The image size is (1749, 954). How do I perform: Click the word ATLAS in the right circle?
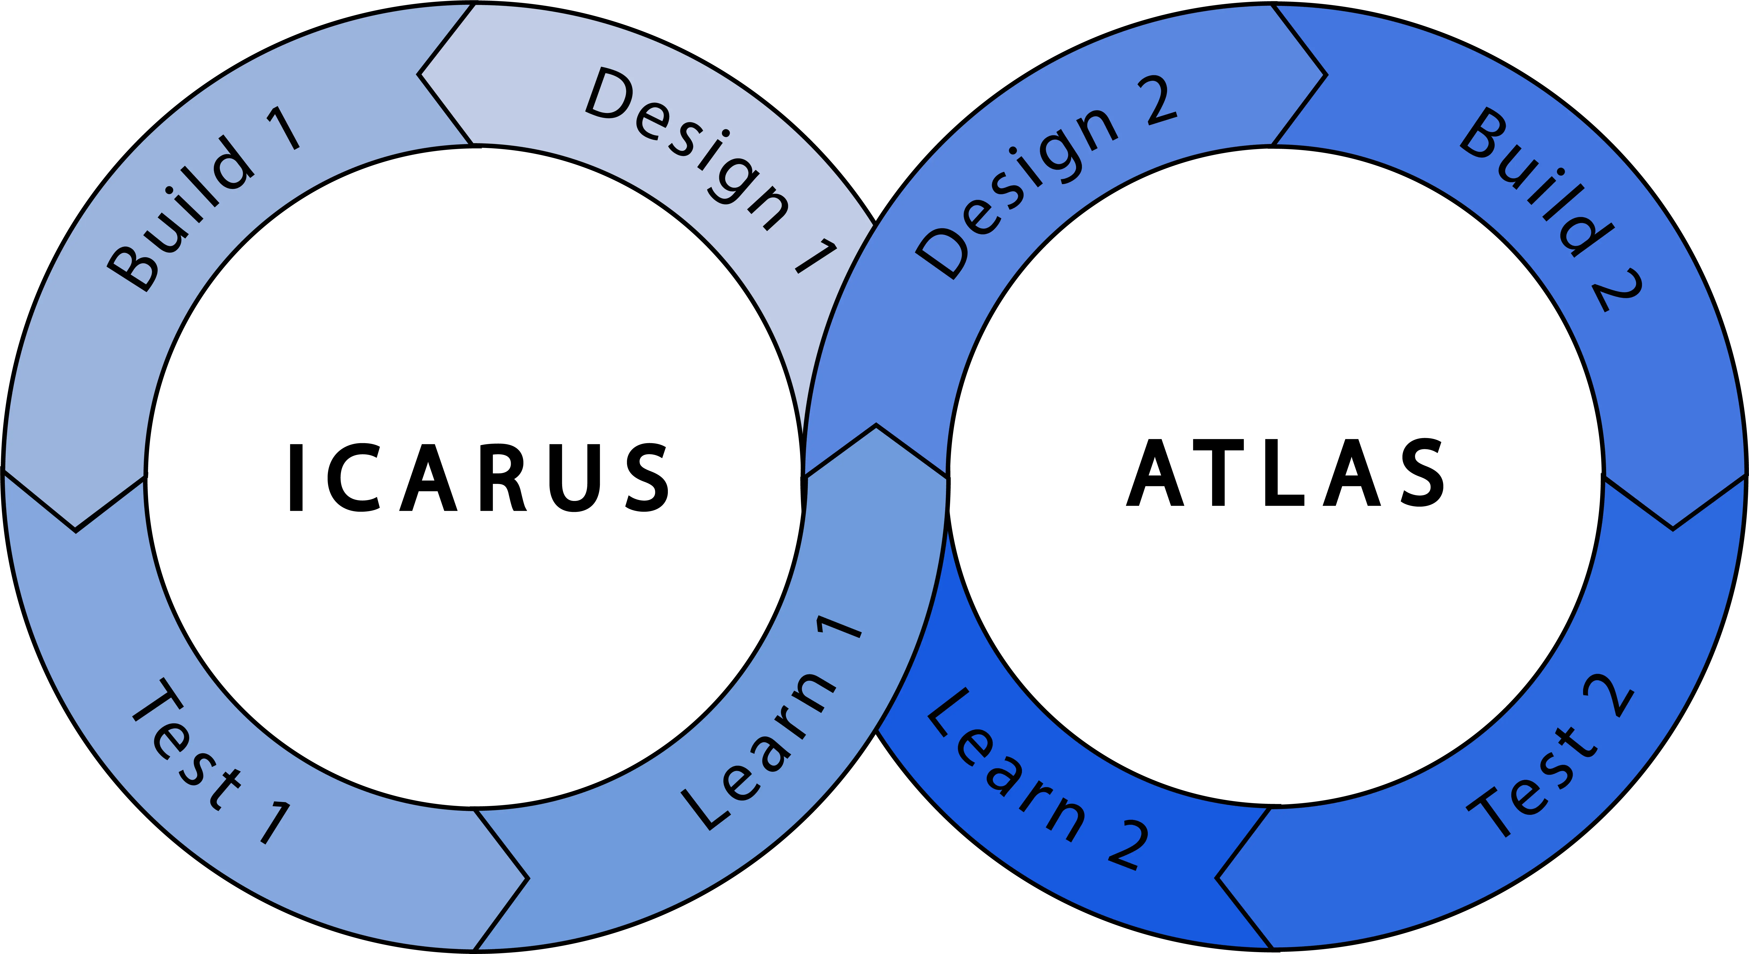pyautogui.click(x=1285, y=473)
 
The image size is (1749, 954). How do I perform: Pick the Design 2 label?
pyautogui.click(x=1046, y=177)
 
